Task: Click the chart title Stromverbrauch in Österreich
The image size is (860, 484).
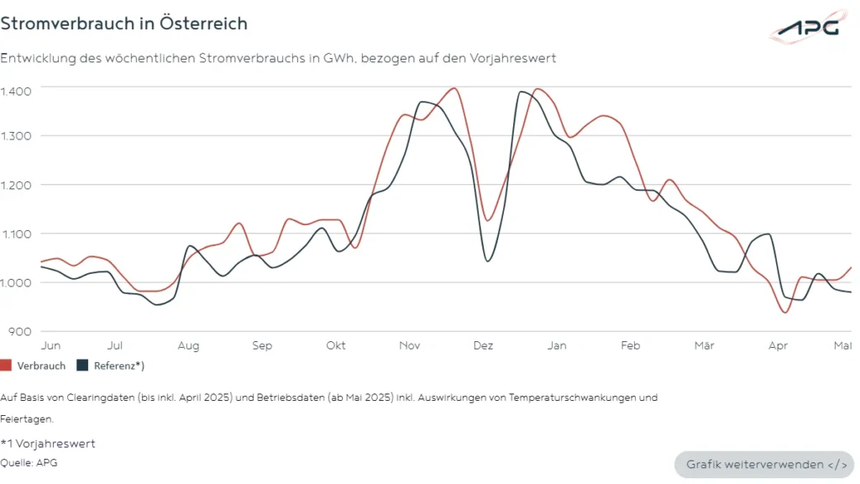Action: tap(124, 24)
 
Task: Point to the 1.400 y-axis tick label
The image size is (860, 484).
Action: tap(16, 91)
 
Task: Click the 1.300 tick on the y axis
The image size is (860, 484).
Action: tap(16, 136)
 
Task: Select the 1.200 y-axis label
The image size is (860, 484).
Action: tap(16, 185)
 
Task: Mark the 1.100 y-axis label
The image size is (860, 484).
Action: tap(16, 234)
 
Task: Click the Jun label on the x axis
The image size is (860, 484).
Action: tap(50, 345)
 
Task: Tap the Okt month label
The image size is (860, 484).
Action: tap(336, 345)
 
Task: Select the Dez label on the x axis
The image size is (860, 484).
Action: tap(483, 345)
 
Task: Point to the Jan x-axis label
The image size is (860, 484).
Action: tap(557, 345)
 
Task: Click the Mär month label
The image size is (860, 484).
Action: tap(705, 345)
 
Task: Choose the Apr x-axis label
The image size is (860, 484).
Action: tap(779, 345)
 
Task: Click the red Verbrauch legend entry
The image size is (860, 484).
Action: tap(34, 366)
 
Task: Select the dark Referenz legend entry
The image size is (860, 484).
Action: tap(111, 366)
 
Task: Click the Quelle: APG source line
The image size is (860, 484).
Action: tap(29, 462)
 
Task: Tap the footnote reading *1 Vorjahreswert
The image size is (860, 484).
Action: tap(48, 444)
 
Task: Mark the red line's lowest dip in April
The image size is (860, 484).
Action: tap(786, 313)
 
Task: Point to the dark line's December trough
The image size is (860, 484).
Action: tap(488, 260)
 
